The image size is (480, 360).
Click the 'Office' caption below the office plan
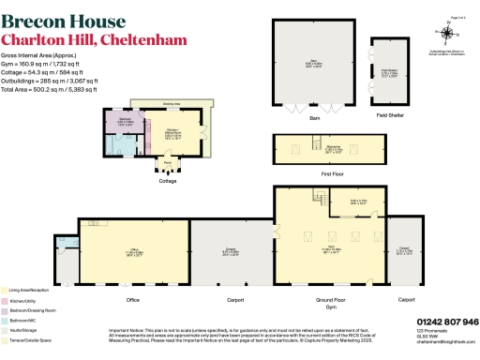[132, 299]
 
